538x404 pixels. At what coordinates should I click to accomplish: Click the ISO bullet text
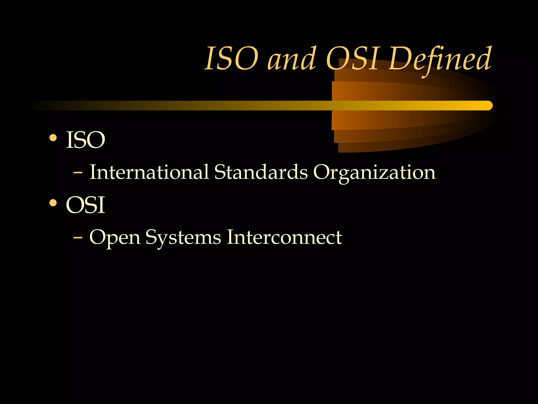(x=86, y=140)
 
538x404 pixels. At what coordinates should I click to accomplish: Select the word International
(x=149, y=172)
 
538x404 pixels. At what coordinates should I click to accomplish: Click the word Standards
(x=261, y=172)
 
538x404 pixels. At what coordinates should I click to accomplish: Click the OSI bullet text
(x=86, y=205)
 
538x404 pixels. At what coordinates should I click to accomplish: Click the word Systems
(x=183, y=238)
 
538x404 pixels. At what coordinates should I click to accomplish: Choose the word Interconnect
(x=284, y=237)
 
